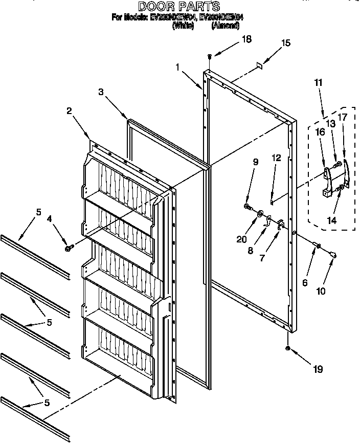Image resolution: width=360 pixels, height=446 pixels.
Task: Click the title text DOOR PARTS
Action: click(179, 6)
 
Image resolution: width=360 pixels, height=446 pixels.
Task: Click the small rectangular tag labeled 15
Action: click(259, 65)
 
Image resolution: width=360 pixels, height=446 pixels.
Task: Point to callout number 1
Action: click(177, 66)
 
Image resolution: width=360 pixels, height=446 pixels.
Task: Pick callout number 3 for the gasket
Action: click(101, 92)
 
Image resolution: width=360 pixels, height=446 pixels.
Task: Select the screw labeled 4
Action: click(67, 248)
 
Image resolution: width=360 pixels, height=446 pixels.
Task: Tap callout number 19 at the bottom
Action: click(318, 369)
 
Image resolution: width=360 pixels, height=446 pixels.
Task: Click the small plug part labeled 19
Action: click(288, 348)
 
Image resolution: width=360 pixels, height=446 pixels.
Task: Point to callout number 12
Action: click(276, 158)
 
